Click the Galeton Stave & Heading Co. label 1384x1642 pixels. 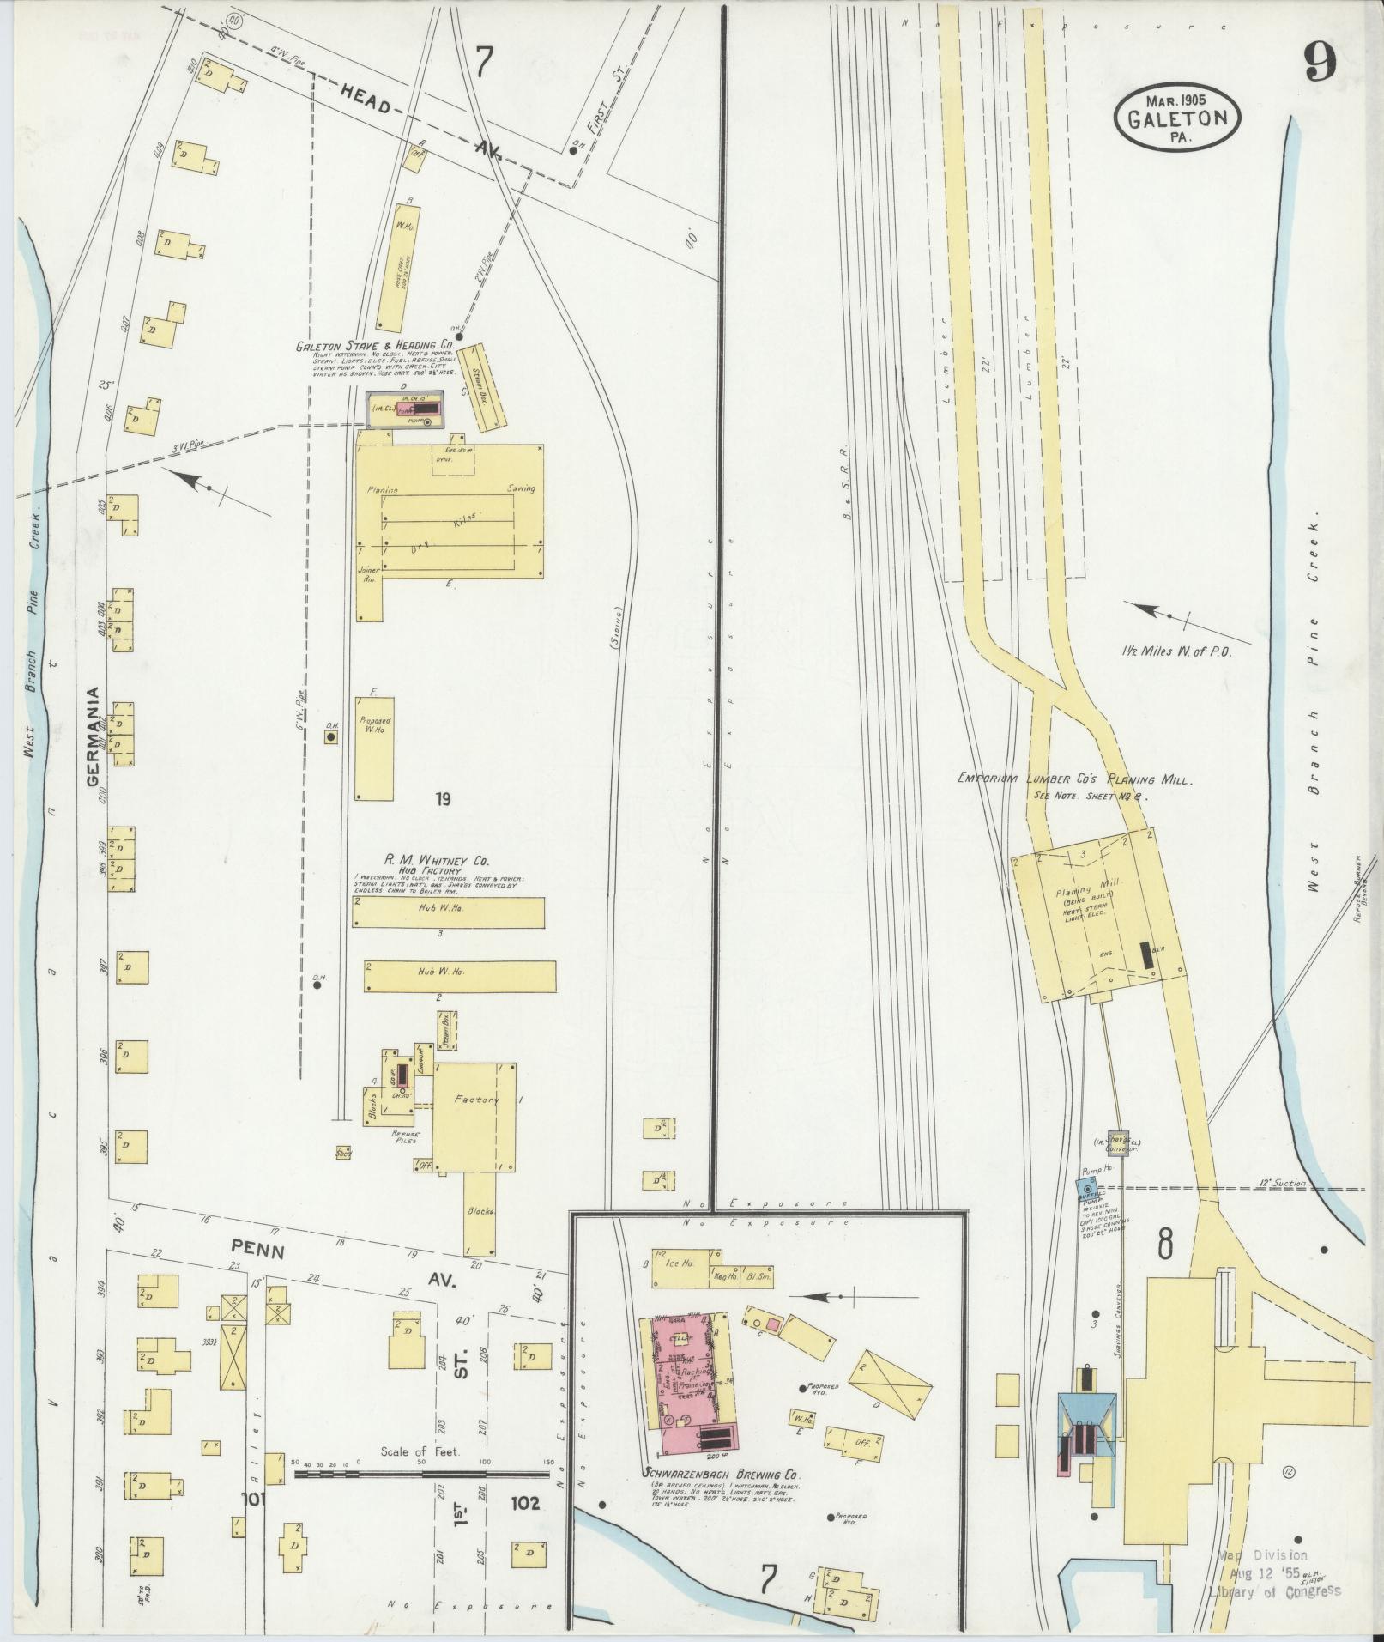pos(375,348)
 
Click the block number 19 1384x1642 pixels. pos(443,800)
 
